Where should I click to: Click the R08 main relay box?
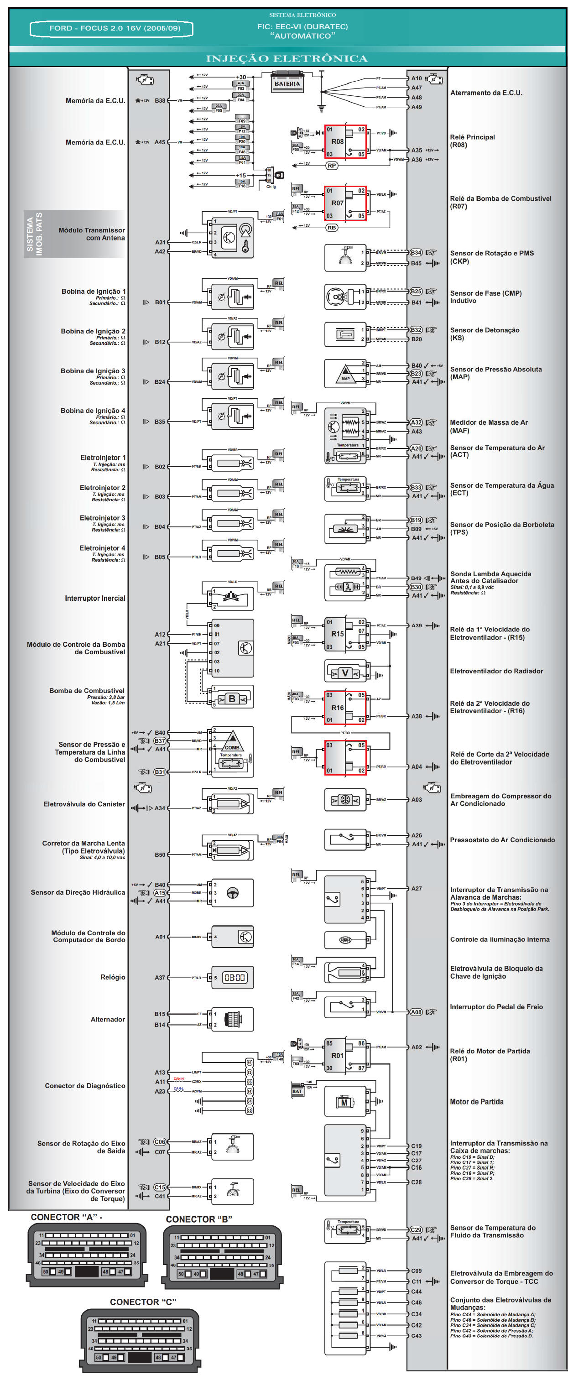[345, 142]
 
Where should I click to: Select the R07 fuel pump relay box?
[345, 203]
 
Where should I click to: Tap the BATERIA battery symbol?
[287, 83]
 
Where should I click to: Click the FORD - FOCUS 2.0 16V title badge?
[112, 28]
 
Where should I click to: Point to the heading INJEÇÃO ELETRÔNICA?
[287, 58]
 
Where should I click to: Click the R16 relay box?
[345, 708]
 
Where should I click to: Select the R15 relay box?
[345, 634]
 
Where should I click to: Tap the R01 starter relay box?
[345, 1056]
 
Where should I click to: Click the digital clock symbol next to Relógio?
[234, 978]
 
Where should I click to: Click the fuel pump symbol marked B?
[232, 699]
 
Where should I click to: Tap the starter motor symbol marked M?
[345, 1102]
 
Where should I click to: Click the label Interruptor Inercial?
[95, 598]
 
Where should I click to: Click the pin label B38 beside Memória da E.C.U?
[160, 101]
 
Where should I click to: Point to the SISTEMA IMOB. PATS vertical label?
[35, 234]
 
